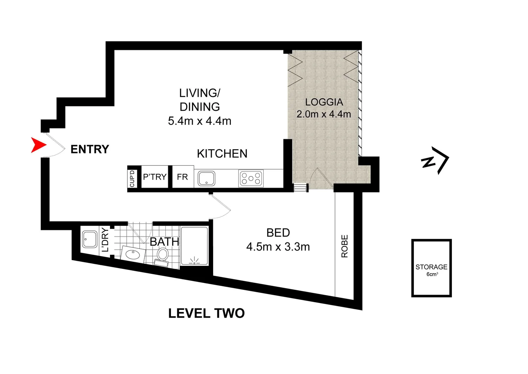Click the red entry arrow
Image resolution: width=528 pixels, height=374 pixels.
click(x=38, y=145)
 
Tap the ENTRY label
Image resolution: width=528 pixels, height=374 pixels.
click(x=90, y=149)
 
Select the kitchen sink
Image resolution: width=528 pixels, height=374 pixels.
click(x=206, y=179)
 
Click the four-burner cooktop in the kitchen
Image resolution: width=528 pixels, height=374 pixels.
click(x=251, y=179)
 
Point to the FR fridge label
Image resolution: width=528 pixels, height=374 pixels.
click(x=182, y=177)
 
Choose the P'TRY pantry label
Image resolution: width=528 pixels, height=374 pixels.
click(x=155, y=177)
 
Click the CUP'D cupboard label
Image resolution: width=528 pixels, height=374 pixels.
click(x=132, y=179)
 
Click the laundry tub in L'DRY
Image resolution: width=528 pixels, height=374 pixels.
click(x=90, y=239)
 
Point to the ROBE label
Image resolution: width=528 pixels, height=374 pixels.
click(x=345, y=246)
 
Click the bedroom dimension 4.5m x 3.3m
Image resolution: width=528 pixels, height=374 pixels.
click(x=278, y=247)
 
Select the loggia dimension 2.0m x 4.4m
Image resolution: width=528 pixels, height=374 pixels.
click(x=324, y=114)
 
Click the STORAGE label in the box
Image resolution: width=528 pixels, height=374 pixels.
click(x=431, y=267)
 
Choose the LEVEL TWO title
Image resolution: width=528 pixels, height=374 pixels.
click(x=206, y=313)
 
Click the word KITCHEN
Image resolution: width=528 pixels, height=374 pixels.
click(x=222, y=154)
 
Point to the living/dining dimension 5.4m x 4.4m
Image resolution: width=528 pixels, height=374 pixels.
click(x=200, y=121)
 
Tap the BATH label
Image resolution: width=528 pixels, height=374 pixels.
click(x=164, y=242)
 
